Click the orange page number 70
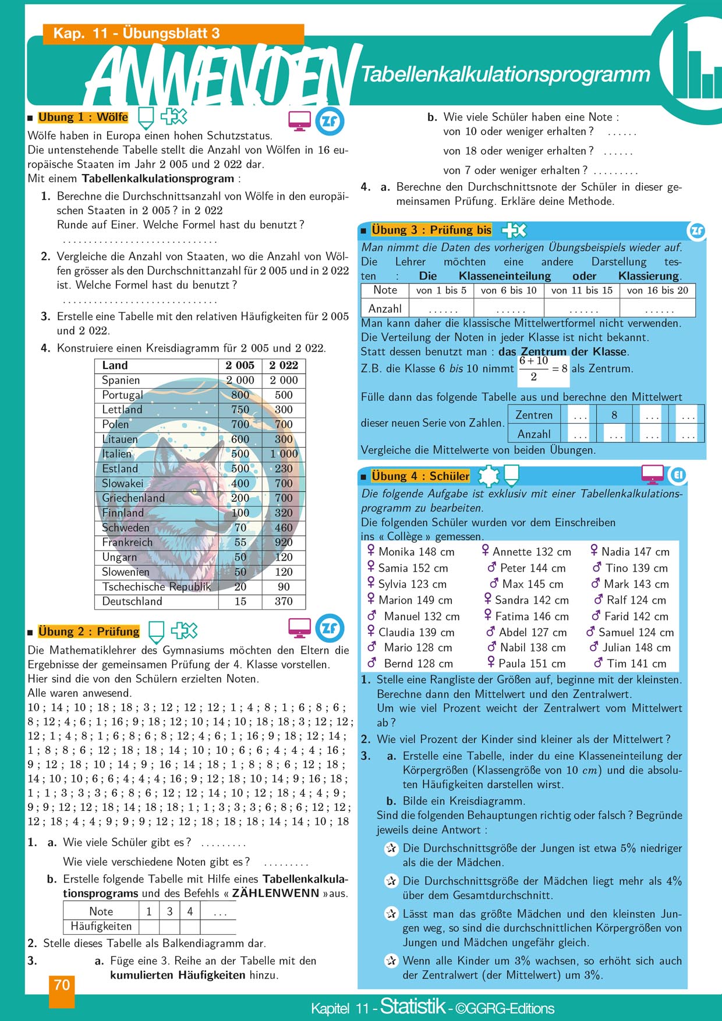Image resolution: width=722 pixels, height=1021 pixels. (62, 985)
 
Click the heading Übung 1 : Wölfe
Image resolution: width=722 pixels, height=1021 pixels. (83, 118)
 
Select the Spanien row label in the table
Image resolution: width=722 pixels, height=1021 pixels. (121, 380)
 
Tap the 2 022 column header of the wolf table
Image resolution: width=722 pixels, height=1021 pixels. (284, 366)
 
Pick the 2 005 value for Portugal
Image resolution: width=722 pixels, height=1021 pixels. (240, 395)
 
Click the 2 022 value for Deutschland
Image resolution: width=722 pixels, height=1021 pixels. (284, 601)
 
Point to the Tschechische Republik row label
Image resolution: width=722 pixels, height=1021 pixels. (156, 587)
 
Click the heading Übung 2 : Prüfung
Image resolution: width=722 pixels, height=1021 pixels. (89, 632)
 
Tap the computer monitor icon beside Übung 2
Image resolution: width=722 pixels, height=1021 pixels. (300, 628)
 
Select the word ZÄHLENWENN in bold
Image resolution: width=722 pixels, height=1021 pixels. (275, 893)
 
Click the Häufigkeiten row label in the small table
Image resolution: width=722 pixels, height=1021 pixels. (101, 926)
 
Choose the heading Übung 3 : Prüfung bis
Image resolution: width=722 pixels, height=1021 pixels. (431, 230)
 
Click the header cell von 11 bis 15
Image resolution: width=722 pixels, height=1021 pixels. (582, 290)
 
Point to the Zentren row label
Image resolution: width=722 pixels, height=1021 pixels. (534, 415)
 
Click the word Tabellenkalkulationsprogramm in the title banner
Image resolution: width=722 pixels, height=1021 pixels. (505, 75)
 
